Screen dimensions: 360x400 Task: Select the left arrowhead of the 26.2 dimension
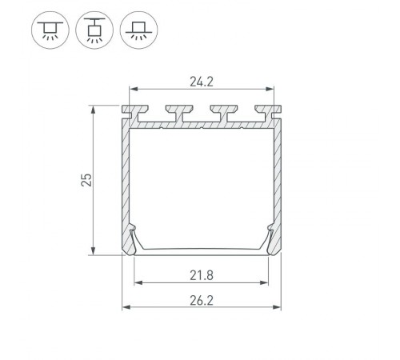[x=125, y=308]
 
